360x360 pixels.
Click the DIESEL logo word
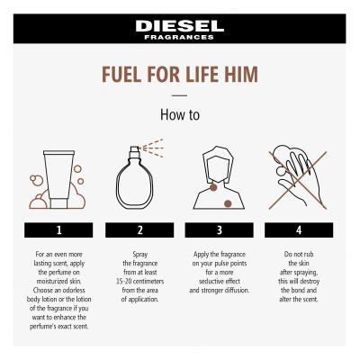pos(180,26)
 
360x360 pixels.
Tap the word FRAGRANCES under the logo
pos(179,38)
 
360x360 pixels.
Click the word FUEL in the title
pos(121,74)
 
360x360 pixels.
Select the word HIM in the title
pos(241,74)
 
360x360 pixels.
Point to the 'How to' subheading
pos(180,114)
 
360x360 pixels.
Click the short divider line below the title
pos(180,95)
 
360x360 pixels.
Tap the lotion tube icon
pos(58,179)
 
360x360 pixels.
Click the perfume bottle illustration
pos(135,177)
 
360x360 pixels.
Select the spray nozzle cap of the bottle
pos(135,149)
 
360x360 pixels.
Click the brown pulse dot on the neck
pos(213,188)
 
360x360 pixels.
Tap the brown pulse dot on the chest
pos(228,203)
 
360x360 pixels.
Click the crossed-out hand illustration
pos(298,178)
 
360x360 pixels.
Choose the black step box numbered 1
pos(58,230)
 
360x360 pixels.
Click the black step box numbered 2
pos(139,230)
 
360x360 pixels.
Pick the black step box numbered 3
pos(220,230)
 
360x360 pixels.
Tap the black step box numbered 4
pos(299,230)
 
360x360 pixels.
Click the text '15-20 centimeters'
pos(140,282)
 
